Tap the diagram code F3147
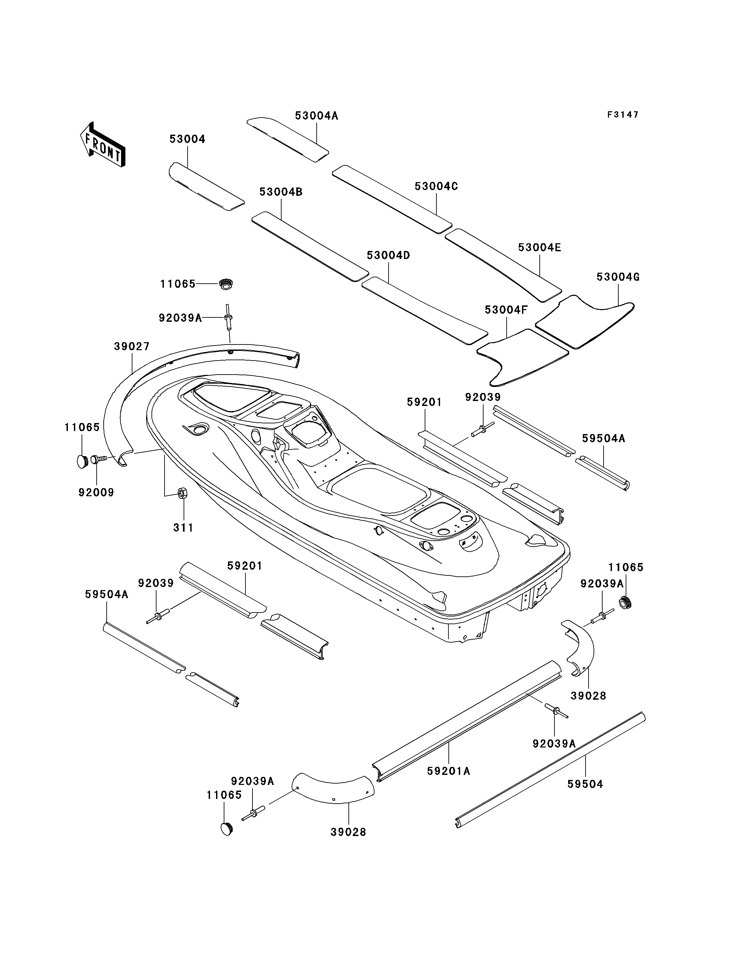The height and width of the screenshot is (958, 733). tap(623, 115)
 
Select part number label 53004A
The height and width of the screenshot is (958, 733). tap(317, 116)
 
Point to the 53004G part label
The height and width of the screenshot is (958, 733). tap(618, 277)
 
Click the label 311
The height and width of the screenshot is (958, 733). tap(183, 528)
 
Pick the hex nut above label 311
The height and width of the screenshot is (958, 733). tap(182, 493)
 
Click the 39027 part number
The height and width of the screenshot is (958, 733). tap(132, 347)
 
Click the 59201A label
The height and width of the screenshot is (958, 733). tap(448, 771)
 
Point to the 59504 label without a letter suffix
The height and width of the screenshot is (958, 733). tap(585, 784)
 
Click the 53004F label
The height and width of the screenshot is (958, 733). tap(506, 310)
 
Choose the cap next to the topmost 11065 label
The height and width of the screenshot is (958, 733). tap(226, 284)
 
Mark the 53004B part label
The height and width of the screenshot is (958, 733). tap(281, 192)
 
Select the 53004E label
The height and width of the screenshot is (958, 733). tap(540, 247)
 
